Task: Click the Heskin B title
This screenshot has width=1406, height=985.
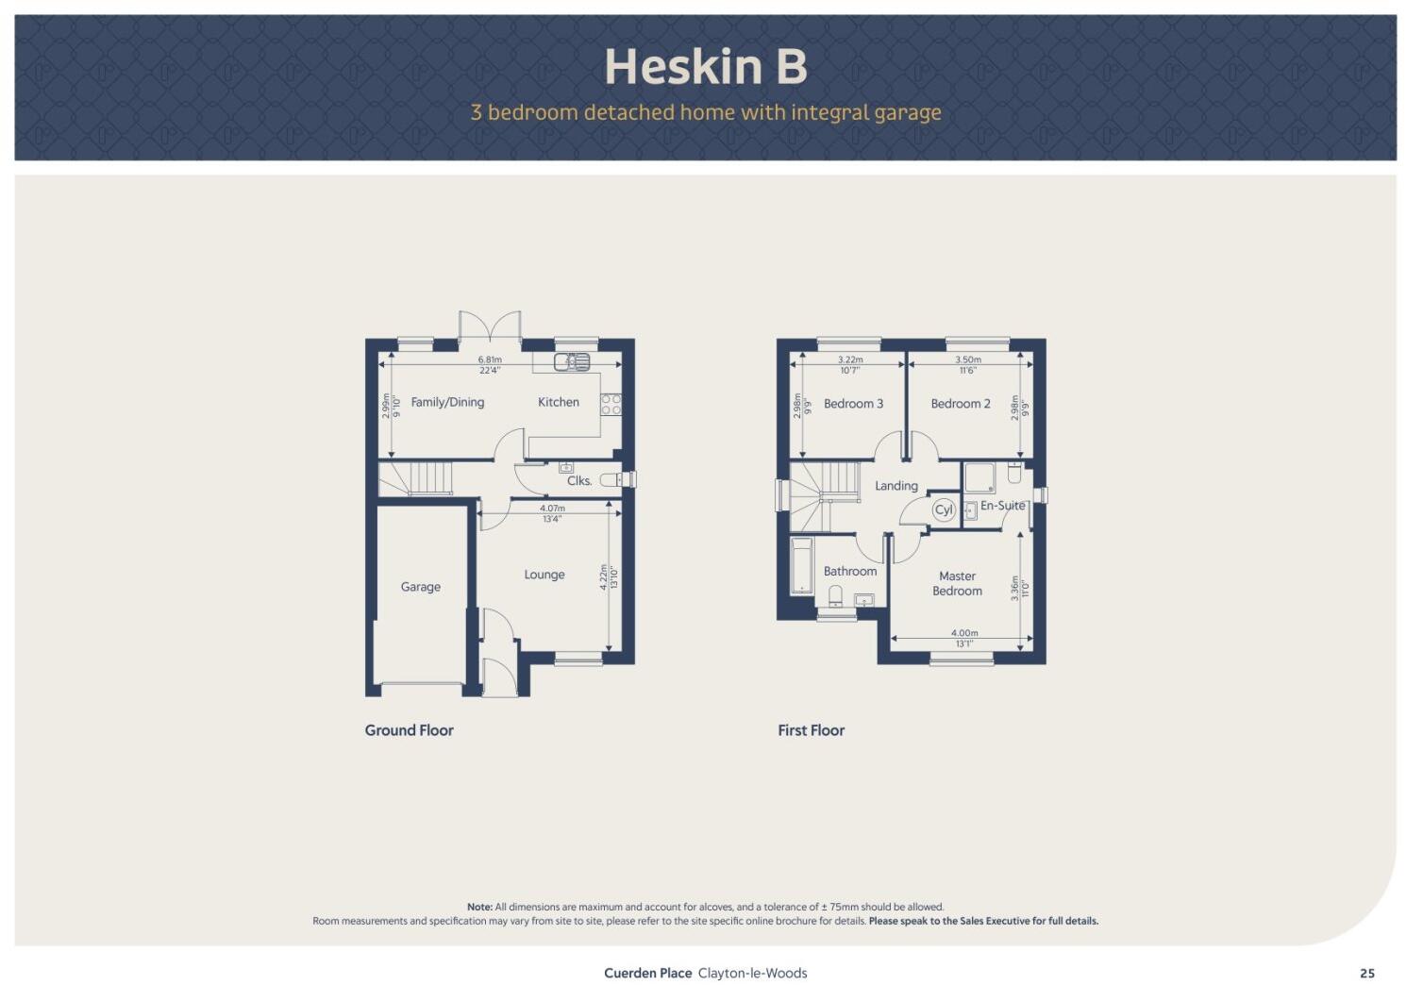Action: point(705,67)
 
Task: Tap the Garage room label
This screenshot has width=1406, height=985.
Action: point(420,587)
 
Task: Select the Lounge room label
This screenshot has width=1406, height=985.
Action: point(544,575)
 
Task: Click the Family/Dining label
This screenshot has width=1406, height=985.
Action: point(447,402)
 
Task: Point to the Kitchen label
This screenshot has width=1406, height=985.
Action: point(559,402)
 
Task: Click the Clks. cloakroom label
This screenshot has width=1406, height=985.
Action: point(579,480)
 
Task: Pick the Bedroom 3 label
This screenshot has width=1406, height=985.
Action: point(853,404)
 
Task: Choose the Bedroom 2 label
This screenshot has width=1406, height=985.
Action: point(961,404)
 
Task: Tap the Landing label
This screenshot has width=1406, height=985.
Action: point(895,486)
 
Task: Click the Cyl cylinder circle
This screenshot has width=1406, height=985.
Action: point(944,510)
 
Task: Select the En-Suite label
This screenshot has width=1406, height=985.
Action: point(1002,506)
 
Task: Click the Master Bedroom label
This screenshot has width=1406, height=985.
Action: point(957,583)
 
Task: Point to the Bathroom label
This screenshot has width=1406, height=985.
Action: point(850,571)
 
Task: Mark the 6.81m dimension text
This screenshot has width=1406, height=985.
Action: point(490,359)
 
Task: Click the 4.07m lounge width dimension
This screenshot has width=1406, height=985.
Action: point(552,509)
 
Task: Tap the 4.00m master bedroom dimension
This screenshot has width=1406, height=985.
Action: point(964,633)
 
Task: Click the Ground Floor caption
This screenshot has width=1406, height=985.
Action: point(409,730)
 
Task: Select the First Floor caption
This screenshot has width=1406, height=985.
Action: point(811,730)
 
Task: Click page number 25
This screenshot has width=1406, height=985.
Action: point(1366,974)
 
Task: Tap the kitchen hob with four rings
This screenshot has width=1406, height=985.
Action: point(611,405)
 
